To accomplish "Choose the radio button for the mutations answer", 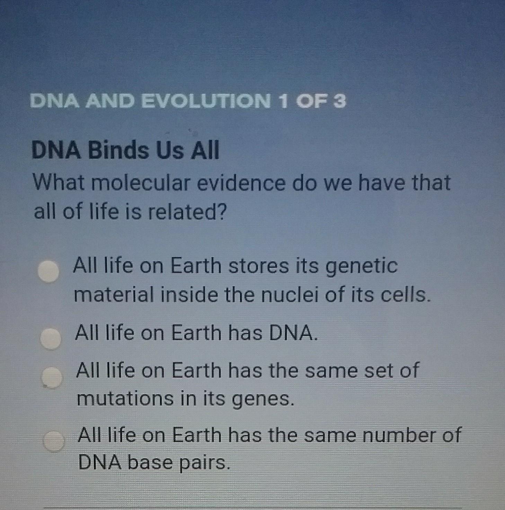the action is [52, 378].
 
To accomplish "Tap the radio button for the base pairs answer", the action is [54, 441].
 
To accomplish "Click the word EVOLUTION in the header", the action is [206, 101].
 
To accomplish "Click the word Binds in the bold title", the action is [118, 150].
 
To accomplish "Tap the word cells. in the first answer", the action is [406, 294].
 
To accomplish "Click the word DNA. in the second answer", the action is [293, 333].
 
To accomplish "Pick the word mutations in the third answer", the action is [125, 398].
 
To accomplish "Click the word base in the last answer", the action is [150, 463].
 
